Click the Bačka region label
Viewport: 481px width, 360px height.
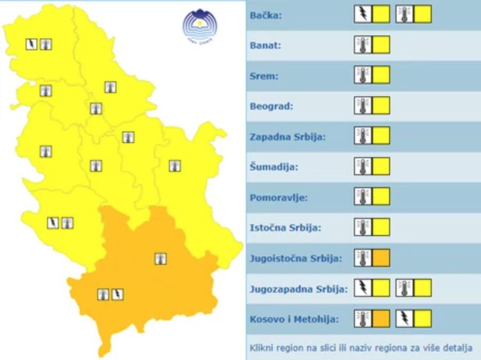pos(266,15)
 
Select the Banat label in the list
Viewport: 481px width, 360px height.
pos(266,46)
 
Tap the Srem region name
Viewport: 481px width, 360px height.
pos(263,76)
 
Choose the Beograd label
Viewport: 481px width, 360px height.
pos(271,106)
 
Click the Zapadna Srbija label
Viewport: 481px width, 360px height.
pos(288,137)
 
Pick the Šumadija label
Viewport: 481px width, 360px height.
pos(274,167)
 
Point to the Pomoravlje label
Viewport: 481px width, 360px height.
pos(278,197)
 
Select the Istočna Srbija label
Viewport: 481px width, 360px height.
pos(285,227)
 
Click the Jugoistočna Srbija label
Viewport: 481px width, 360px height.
pos(296,258)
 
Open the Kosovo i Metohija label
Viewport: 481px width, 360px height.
pos(294,319)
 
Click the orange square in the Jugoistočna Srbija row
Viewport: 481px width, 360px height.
pos(380,258)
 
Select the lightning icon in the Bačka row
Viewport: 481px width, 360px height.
pos(363,14)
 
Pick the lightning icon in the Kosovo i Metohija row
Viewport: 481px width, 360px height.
pos(404,318)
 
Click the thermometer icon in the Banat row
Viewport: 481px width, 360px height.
pos(363,45)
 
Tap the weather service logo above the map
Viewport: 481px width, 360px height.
pos(200,24)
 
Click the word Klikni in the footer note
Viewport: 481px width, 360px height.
pos(263,348)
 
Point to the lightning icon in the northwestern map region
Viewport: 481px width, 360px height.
pos(32,45)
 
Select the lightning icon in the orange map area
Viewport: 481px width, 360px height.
pos(117,294)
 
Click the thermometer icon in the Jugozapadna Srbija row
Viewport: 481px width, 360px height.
pos(404,288)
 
